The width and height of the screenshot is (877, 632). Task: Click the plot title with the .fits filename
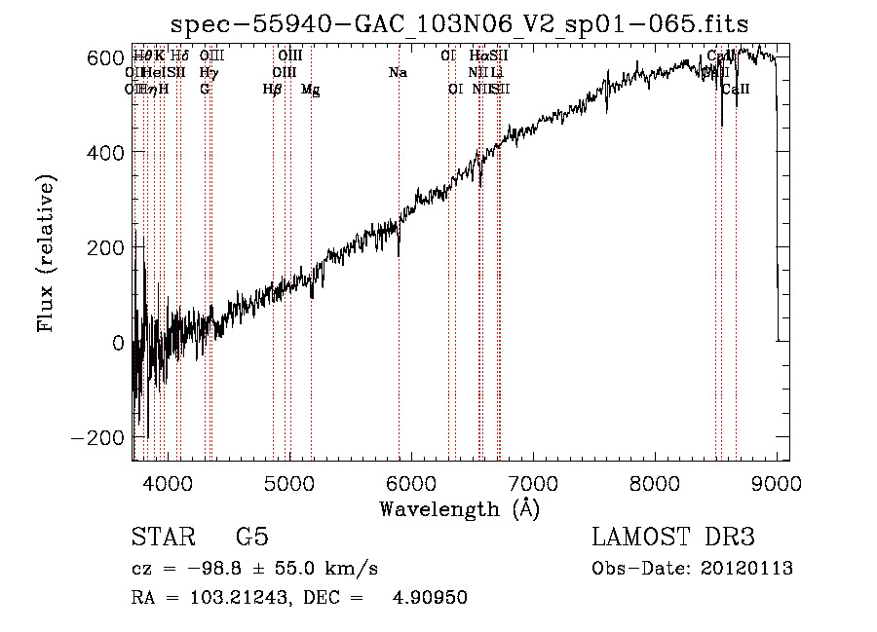tap(460, 24)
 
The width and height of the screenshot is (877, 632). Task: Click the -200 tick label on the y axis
tap(97, 437)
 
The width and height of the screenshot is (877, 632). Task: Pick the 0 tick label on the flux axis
tap(117, 343)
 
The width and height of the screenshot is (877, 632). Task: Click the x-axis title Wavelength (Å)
tap(460, 508)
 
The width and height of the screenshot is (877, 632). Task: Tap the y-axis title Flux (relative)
tap(46, 253)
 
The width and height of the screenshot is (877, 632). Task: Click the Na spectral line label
tap(398, 73)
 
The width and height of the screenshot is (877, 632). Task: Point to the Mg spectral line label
tap(310, 90)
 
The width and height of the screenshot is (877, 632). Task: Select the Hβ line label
tap(273, 90)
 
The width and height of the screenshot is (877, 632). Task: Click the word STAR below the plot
tap(161, 538)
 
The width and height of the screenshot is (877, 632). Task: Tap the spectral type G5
tap(251, 538)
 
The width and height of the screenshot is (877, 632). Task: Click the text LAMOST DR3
tap(673, 538)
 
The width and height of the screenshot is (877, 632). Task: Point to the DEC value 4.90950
tap(430, 598)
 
